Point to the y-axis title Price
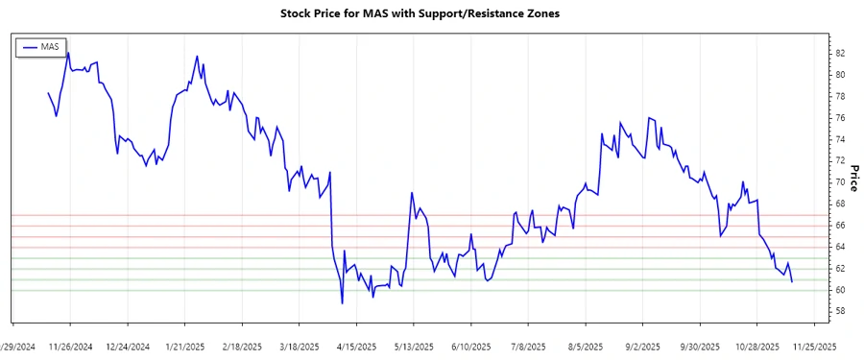tap(852, 178)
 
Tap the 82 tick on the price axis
tap(841, 53)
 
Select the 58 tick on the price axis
tap(841, 311)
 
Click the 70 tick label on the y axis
tap(841, 182)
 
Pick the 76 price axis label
tap(841, 118)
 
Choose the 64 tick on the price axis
tap(841, 247)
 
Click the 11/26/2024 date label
tap(70, 347)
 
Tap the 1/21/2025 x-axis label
tap(185, 347)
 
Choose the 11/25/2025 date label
tap(814, 347)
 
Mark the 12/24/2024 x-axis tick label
tap(128, 347)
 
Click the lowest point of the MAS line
tap(342, 303)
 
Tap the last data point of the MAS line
tap(792, 281)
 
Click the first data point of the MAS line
tap(48, 93)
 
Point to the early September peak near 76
tap(650, 118)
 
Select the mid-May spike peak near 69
tap(412, 193)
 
